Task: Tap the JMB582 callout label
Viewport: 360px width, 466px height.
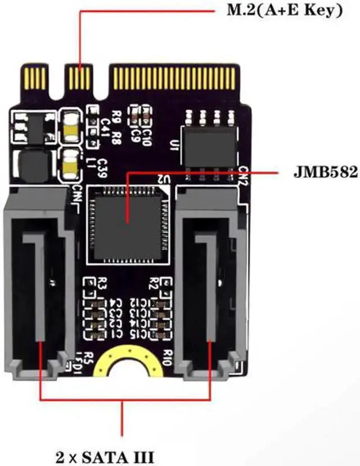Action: tap(325, 172)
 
